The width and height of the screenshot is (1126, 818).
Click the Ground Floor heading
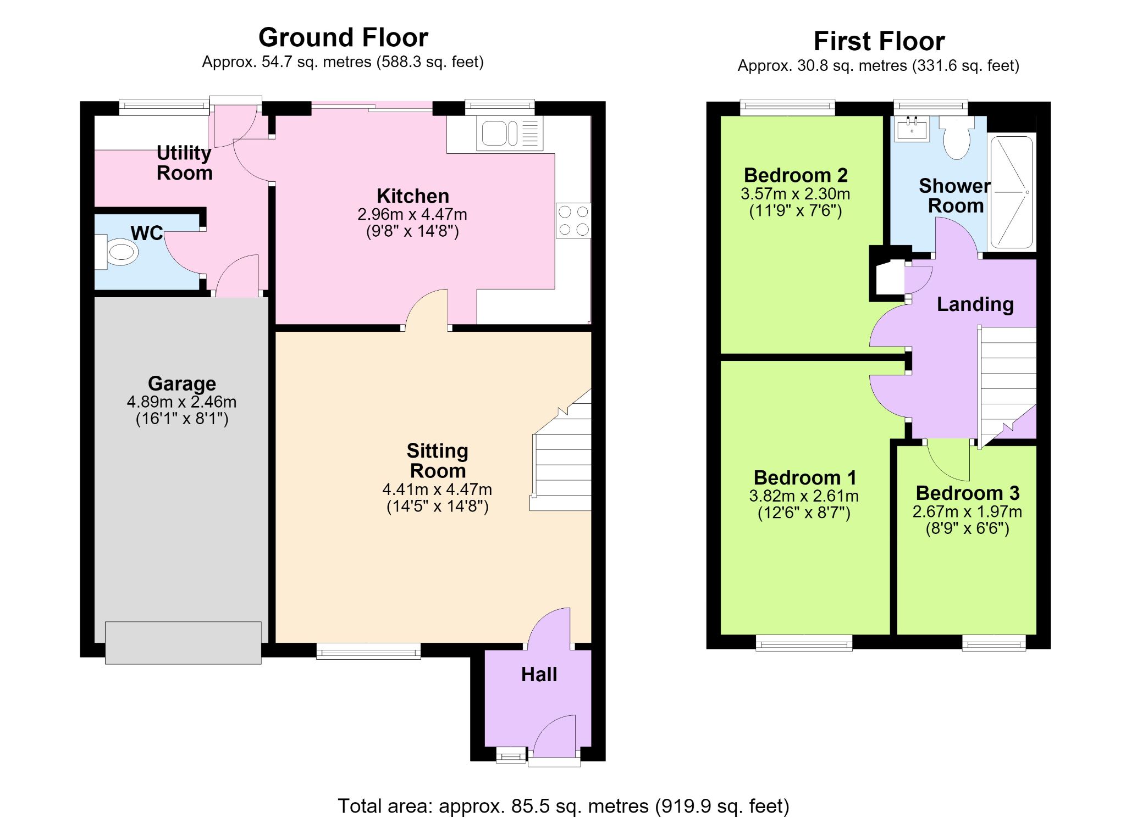coord(343,38)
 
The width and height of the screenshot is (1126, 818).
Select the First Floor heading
coord(879,41)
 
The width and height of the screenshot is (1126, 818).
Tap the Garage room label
coord(182,383)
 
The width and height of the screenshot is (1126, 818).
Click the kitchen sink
coord(510,133)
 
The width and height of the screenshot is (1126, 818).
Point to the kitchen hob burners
coord(573,220)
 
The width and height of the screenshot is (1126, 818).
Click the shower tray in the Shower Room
coord(1012,192)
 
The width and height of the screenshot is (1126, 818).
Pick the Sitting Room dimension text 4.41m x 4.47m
coord(437,489)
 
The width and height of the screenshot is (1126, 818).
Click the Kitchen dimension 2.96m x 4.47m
coord(412,214)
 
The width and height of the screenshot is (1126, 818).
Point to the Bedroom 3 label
coord(968,493)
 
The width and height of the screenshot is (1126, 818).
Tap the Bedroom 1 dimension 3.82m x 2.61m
coord(804,496)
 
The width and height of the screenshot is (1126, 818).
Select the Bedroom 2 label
coord(796,175)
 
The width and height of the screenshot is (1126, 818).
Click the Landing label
coord(975,304)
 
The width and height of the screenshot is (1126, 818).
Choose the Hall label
coord(539,675)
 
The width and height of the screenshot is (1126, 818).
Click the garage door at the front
coord(183,643)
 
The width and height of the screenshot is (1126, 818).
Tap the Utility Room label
coord(184,163)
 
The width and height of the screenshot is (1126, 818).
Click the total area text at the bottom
coord(563,806)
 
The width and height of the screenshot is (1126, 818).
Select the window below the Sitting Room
coord(368,651)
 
